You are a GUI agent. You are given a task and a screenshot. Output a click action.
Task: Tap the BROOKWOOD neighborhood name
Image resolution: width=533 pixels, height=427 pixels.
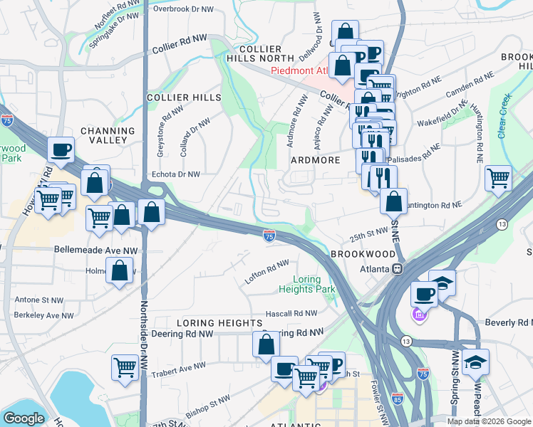click(362, 254)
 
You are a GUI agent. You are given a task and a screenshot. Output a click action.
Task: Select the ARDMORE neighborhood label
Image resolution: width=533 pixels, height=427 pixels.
click(315, 160)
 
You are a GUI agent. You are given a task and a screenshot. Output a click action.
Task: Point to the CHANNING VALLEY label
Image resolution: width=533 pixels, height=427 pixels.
click(108, 137)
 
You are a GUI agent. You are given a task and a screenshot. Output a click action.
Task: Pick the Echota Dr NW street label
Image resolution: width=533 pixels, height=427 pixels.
click(172, 174)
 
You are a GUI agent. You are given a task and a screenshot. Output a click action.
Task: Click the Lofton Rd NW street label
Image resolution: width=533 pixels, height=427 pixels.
click(266, 273)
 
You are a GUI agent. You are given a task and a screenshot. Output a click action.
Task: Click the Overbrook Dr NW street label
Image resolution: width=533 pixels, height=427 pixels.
click(182, 10)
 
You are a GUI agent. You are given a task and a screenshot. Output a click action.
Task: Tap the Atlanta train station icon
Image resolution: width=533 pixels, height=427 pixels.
click(398, 269)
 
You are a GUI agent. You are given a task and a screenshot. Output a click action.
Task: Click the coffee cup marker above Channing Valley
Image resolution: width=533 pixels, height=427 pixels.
click(61, 149)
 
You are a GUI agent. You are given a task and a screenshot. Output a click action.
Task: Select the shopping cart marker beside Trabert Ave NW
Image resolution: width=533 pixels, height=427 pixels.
click(125, 367)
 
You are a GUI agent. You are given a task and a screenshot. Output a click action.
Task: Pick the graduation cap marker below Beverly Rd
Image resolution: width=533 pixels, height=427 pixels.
click(475, 361)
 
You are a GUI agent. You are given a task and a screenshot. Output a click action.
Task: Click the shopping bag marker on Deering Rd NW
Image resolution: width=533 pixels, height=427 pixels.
click(266, 344)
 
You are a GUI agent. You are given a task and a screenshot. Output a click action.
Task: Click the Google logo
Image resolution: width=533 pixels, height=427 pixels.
click(24, 418)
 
